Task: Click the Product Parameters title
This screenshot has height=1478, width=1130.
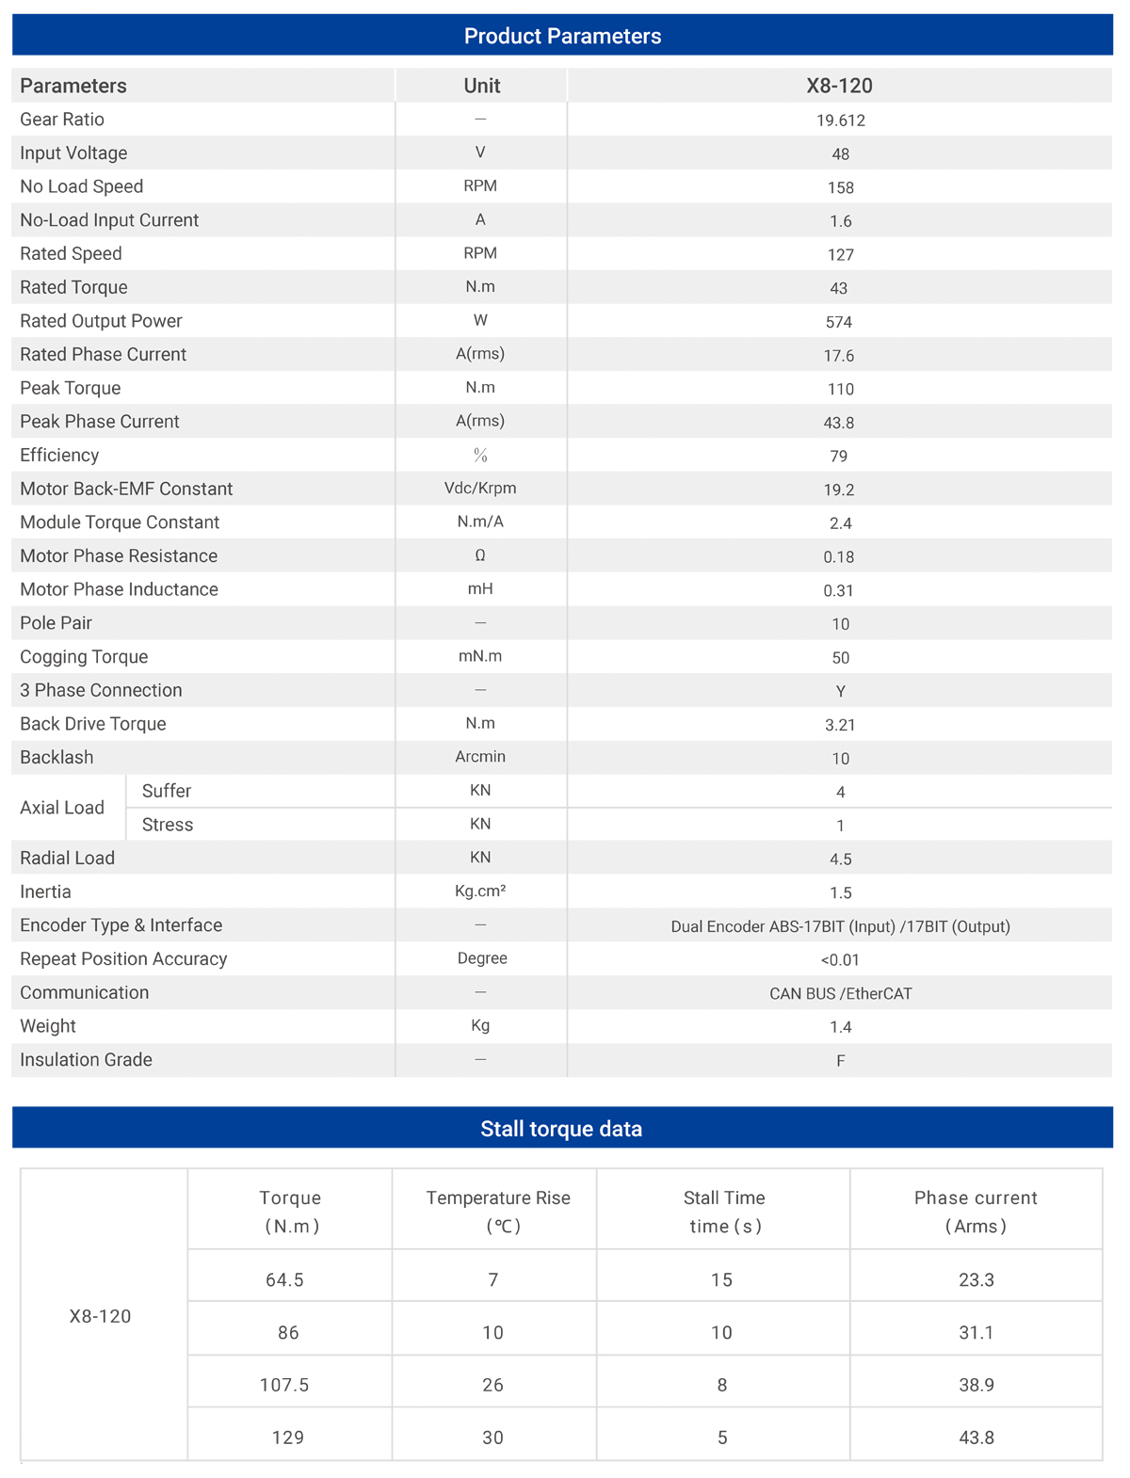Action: click(562, 36)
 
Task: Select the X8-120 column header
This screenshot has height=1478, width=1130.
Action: click(839, 86)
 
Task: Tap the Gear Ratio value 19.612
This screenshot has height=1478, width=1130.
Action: click(840, 120)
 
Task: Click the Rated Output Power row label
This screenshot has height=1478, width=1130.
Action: click(101, 321)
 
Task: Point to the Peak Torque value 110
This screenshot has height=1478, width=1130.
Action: click(840, 389)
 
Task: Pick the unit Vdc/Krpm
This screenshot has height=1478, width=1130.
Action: click(480, 489)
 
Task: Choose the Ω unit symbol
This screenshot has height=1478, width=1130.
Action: click(480, 555)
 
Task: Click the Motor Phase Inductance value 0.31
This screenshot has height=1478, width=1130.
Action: click(839, 590)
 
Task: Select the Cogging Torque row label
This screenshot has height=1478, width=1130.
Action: click(84, 657)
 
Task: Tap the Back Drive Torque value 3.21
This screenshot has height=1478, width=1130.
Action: click(840, 725)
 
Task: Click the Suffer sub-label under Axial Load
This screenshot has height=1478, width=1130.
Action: click(167, 791)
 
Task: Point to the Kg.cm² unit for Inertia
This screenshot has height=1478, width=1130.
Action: click(480, 891)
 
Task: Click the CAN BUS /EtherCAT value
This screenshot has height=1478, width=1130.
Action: click(840, 993)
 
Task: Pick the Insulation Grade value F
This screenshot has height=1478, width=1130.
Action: click(840, 1061)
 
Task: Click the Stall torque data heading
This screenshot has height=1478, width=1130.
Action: click(561, 1129)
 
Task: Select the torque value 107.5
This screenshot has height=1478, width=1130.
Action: click(284, 1385)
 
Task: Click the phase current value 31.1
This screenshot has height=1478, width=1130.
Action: click(977, 1332)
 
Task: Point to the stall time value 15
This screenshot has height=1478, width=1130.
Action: click(721, 1279)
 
